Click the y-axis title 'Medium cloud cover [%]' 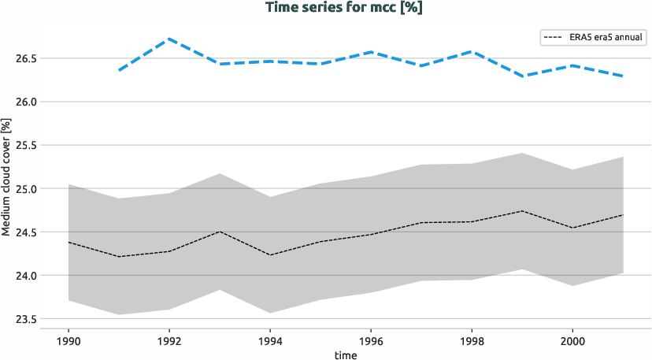(x=6, y=177)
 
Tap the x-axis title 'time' (x=345, y=355)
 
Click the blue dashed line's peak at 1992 (x=169, y=39)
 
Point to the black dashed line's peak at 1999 (x=521, y=211)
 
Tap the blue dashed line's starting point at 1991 (x=119, y=71)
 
